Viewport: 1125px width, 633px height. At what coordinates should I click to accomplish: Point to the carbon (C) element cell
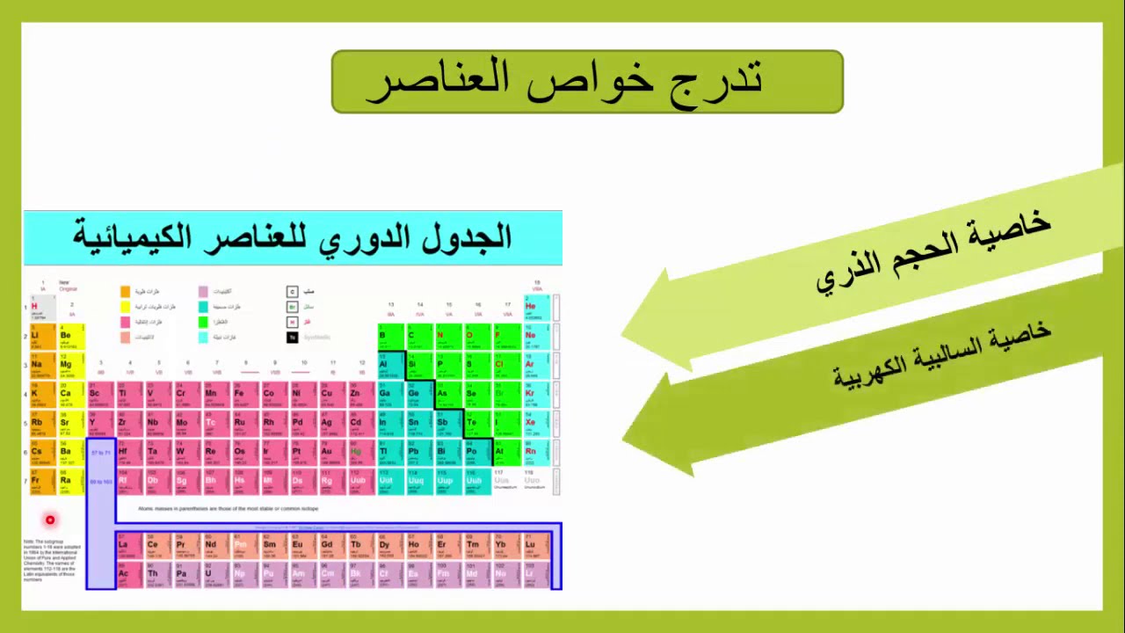point(418,337)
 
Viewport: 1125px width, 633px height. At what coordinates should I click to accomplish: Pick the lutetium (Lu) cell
point(533,547)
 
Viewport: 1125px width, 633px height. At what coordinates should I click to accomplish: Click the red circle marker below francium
point(50,520)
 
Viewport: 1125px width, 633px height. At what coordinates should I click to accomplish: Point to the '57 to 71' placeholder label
point(101,453)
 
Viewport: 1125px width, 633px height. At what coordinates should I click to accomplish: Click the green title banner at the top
point(587,82)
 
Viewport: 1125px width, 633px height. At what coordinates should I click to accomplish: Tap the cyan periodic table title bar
point(293,237)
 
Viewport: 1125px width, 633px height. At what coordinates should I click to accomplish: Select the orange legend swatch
point(125,291)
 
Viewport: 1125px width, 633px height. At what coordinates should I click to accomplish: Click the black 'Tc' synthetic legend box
point(293,337)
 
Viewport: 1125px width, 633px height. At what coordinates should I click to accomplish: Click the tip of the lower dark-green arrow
point(626,437)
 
